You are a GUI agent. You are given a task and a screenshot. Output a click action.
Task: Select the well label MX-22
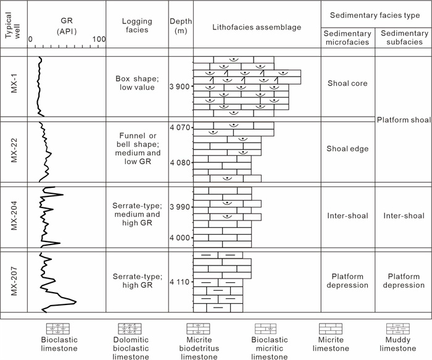14,150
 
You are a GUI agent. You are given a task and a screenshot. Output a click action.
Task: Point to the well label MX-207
14,281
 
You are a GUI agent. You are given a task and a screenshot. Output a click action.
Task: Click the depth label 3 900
180,86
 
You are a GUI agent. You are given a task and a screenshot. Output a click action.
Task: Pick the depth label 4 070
180,128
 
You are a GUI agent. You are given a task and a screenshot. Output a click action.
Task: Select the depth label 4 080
180,163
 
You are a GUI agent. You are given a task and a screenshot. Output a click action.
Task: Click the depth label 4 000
180,238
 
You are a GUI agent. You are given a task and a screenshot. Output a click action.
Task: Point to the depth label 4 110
180,282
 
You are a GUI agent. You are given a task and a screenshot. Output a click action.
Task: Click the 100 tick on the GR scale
98,40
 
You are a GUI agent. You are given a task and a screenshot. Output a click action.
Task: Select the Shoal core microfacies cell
347,87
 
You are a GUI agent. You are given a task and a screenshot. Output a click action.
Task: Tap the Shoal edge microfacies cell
347,148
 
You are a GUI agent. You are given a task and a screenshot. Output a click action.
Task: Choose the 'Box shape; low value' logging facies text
137,83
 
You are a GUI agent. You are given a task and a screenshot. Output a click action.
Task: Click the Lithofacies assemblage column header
256,27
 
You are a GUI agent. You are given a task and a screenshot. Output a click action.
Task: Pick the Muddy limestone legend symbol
403,329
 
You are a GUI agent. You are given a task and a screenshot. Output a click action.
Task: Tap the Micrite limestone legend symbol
334,329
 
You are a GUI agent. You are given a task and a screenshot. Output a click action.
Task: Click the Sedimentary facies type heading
375,14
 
